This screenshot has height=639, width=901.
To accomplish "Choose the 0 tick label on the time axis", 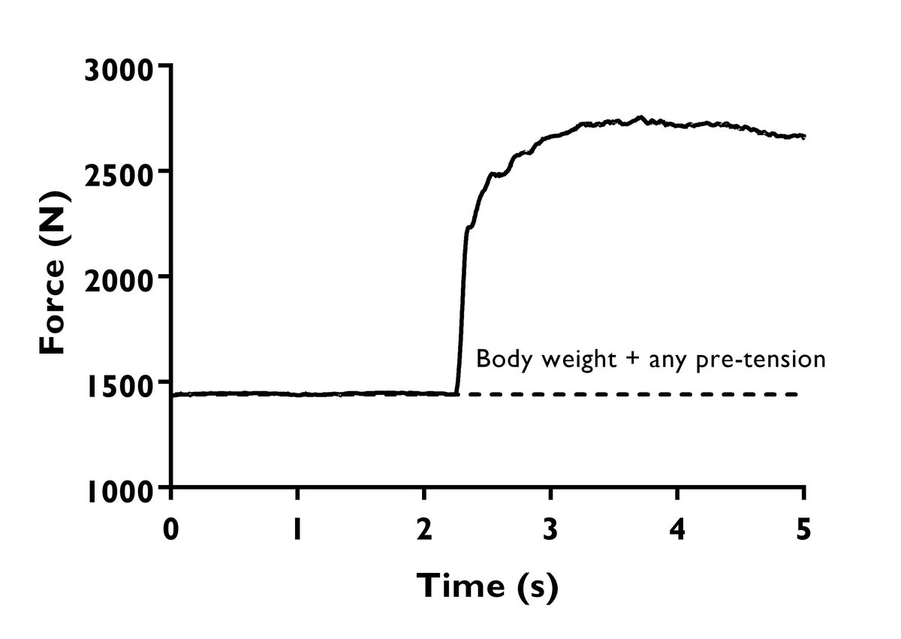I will [x=172, y=529].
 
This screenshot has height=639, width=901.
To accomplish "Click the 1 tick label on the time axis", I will [x=298, y=529].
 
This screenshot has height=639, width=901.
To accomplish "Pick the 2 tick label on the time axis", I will [x=424, y=529].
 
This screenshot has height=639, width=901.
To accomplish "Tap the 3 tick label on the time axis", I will [x=551, y=529].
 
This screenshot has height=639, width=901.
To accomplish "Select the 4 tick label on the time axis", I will [x=677, y=529].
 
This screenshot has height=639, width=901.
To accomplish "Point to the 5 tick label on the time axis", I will [x=803, y=529].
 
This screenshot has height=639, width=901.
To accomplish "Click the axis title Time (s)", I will [x=487, y=586].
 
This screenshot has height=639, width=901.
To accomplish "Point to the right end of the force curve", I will [x=804, y=136].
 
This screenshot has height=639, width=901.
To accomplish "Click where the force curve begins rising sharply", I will [x=457, y=392].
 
